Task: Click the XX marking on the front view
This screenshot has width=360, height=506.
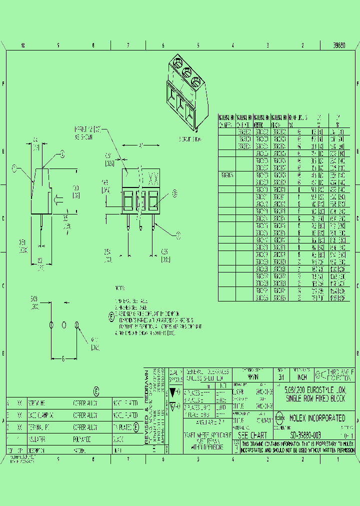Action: [154, 177]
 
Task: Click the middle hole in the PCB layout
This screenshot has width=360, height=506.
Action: [64, 325]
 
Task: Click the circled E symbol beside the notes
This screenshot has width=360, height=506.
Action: [111, 316]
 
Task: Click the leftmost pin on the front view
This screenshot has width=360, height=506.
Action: [129, 222]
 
